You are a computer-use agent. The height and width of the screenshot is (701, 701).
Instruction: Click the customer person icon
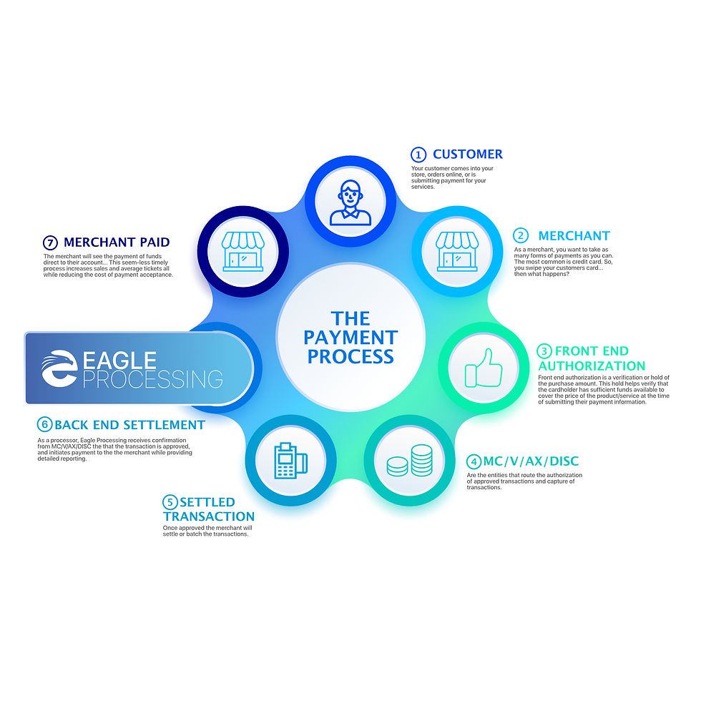[x=350, y=202]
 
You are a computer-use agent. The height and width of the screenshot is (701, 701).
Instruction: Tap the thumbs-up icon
[x=484, y=368]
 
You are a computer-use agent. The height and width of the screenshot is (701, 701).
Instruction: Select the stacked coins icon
[x=410, y=461]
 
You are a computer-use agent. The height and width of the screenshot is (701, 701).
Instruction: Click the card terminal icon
[x=290, y=461]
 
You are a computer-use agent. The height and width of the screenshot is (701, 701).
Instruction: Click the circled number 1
[x=418, y=155]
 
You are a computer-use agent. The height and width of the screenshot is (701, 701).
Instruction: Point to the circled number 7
[x=50, y=242]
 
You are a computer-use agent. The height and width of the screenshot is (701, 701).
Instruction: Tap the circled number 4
[x=474, y=462]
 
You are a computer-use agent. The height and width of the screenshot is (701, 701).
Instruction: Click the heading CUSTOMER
[x=468, y=155]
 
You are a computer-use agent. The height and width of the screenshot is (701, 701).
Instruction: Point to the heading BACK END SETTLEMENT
[x=129, y=425]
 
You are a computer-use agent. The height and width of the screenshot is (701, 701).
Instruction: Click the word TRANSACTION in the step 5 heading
[x=209, y=516]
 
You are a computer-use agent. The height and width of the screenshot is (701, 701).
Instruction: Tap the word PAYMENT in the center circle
[x=350, y=337]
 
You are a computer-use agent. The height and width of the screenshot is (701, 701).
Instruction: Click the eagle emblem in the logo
[x=59, y=369]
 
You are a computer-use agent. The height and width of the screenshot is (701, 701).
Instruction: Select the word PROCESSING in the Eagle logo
[x=152, y=378]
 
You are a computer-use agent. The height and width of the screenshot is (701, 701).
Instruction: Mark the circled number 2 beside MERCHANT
[x=521, y=236]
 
